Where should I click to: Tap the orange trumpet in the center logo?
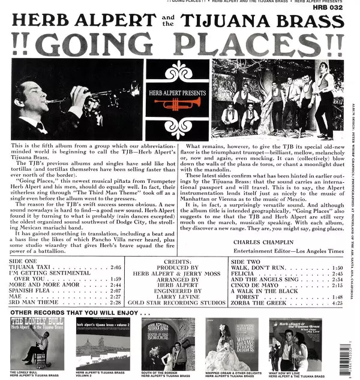[x=177, y=104]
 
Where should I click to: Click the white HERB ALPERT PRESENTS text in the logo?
[x=177, y=93]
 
